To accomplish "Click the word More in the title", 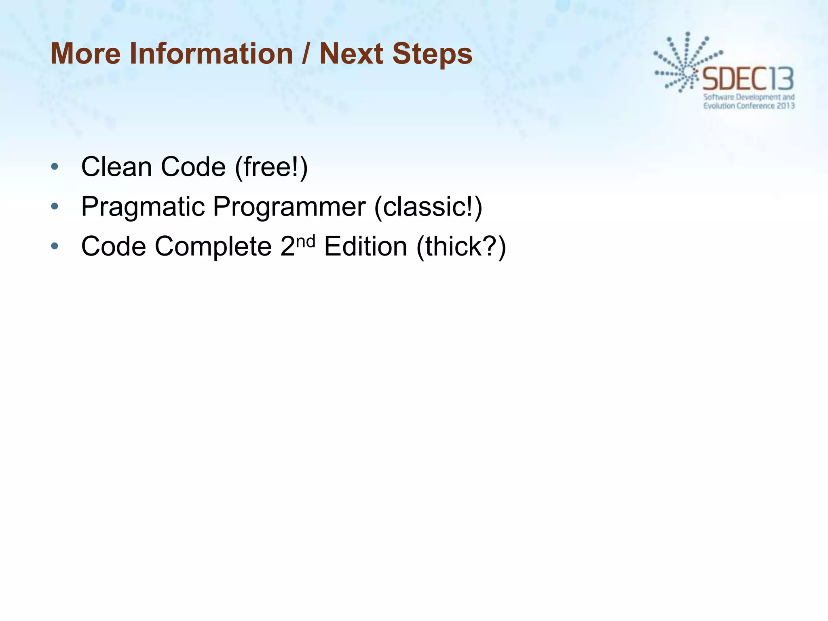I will tap(85, 54).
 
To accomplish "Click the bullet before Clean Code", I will tap(55, 167).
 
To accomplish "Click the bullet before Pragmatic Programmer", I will tap(55, 207).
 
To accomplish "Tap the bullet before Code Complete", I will tap(55, 246).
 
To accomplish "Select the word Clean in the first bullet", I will tap(116, 167).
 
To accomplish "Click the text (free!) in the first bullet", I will tap(271, 167).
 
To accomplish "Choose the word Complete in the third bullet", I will tap(213, 246).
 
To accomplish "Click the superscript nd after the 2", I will tap(306, 241).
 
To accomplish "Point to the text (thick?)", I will tap(461, 246).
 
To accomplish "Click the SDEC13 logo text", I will tap(748, 79).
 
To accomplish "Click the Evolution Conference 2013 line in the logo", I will tap(749, 106).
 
